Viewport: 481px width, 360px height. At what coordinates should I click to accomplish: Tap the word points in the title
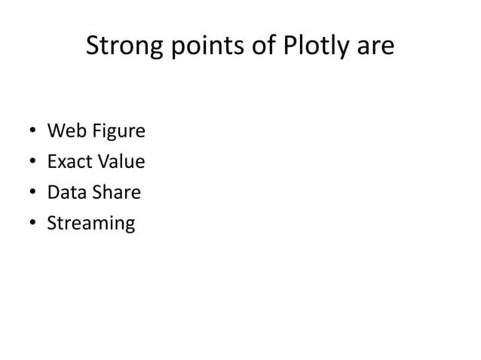point(198,47)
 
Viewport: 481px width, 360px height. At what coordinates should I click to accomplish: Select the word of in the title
point(255,47)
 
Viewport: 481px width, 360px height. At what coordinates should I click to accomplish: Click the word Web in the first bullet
point(63,132)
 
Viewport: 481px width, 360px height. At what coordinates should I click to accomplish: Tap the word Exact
point(66,162)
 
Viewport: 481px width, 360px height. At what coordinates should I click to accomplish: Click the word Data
point(65,192)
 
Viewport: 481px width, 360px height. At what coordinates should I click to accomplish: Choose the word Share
point(114,192)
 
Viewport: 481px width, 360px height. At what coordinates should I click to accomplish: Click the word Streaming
point(91,224)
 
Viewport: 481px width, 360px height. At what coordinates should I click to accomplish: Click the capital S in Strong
point(93,47)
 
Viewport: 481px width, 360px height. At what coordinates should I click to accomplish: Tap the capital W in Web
point(54,132)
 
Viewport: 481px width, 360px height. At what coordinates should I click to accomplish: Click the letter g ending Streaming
point(130,225)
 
